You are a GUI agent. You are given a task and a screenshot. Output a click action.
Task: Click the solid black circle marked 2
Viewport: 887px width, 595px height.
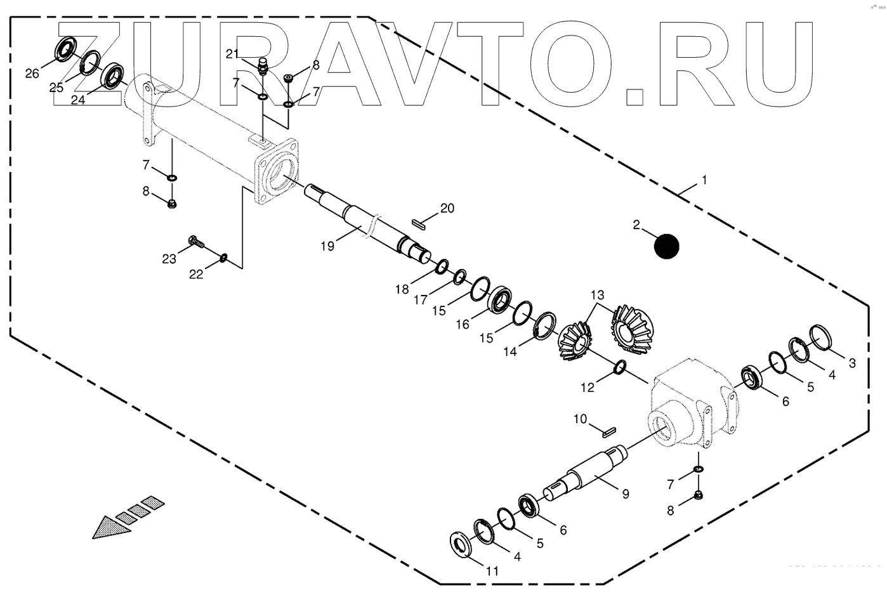[x=666, y=246]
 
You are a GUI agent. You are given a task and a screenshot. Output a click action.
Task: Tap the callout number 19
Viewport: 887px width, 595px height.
[x=327, y=246]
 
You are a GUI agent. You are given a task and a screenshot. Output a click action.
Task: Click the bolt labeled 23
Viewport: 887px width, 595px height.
[x=195, y=241]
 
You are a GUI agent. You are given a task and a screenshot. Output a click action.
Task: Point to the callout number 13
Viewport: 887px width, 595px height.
[x=598, y=295]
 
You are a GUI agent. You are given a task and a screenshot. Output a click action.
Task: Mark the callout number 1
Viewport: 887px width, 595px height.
[x=704, y=181]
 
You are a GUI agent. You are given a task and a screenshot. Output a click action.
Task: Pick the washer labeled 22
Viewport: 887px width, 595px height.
[x=223, y=258]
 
